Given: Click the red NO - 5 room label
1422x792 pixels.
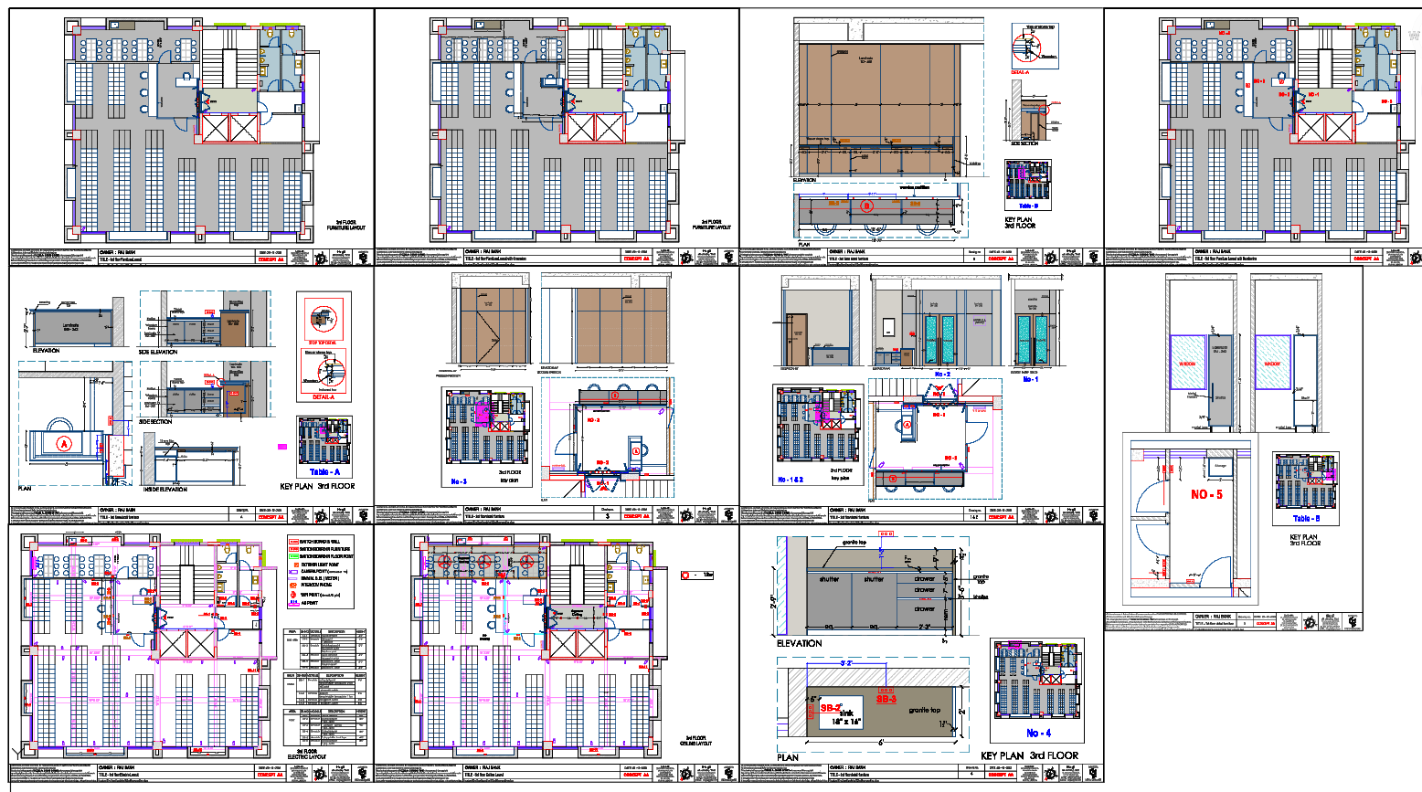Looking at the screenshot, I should click(x=1206, y=494).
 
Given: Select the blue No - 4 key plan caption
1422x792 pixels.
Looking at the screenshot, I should click(x=1038, y=733).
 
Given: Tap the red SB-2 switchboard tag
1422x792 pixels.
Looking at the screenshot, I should click(x=830, y=708).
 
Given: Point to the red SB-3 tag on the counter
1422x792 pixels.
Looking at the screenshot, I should click(x=886, y=699).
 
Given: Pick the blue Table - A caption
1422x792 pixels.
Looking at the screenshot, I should click(x=324, y=472).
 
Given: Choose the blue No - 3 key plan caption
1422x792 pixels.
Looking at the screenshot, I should click(x=459, y=481).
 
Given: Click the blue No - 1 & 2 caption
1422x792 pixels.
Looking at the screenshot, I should click(x=791, y=479).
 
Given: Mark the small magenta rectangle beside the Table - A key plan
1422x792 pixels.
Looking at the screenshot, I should click(x=282, y=446).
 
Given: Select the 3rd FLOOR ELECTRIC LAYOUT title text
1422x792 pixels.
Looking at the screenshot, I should click(x=306, y=754).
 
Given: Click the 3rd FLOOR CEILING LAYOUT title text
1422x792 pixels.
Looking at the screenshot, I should click(x=698, y=741).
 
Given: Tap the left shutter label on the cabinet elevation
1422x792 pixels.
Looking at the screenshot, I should click(x=829, y=579).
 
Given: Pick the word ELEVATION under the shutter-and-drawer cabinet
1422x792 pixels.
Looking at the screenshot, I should click(x=799, y=643).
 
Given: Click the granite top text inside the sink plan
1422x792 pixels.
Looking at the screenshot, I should click(x=923, y=710).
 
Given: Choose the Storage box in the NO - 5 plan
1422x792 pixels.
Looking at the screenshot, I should click(x=1220, y=466).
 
